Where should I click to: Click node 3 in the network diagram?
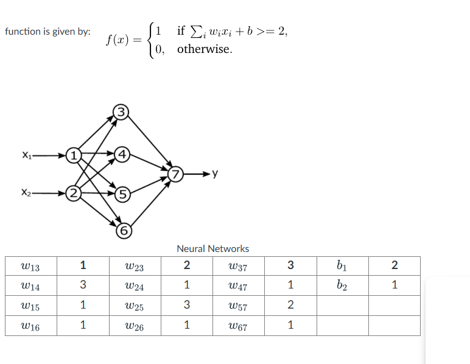[x=121, y=111]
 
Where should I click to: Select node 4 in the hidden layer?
[x=122, y=155]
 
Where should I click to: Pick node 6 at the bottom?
[x=124, y=231]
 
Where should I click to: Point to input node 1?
[x=72, y=155]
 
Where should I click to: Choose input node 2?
[x=72, y=195]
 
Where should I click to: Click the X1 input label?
[x=26, y=155]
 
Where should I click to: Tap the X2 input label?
[x=26, y=194]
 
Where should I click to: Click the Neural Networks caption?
[x=212, y=248]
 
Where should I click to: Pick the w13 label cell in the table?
[x=30, y=265]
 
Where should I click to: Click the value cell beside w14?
[x=83, y=285]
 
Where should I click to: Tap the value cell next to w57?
[x=290, y=305]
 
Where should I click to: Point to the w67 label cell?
[x=237, y=326]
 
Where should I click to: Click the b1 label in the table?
[x=342, y=265]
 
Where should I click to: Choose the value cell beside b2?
[x=394, y=285]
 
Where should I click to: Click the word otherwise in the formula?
[x=205, y=49]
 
